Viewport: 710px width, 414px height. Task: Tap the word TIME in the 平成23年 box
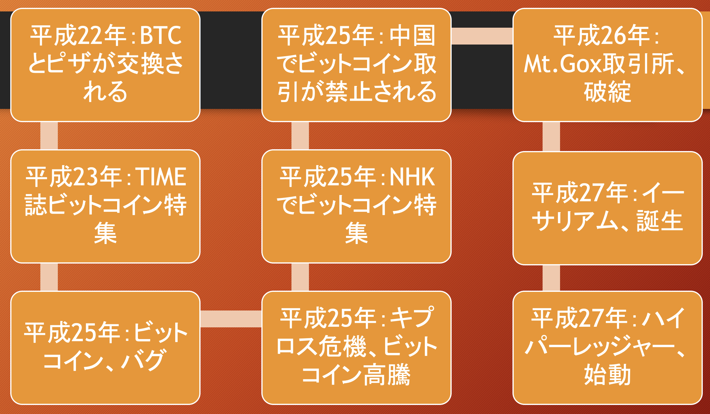pos(161,177)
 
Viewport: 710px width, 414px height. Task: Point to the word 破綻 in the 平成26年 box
pos(607,92)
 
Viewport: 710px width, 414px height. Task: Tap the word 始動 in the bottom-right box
pos(607,375)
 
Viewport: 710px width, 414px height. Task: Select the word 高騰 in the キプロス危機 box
pos(387,375)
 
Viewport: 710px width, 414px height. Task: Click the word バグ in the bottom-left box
pos(143,360)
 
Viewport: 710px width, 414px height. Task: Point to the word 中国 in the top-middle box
pos(413,36)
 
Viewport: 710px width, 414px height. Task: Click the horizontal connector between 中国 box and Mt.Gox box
pos(482,36)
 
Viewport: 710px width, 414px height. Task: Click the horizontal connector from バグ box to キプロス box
pos(231,319)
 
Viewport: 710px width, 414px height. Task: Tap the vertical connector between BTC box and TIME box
pos(49,136)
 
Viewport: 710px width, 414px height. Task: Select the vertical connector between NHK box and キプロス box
pos(300,277)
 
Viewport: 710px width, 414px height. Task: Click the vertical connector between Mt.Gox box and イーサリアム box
pos(551,137)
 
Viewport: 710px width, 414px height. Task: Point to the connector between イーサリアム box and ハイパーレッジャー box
pos(551,278)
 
